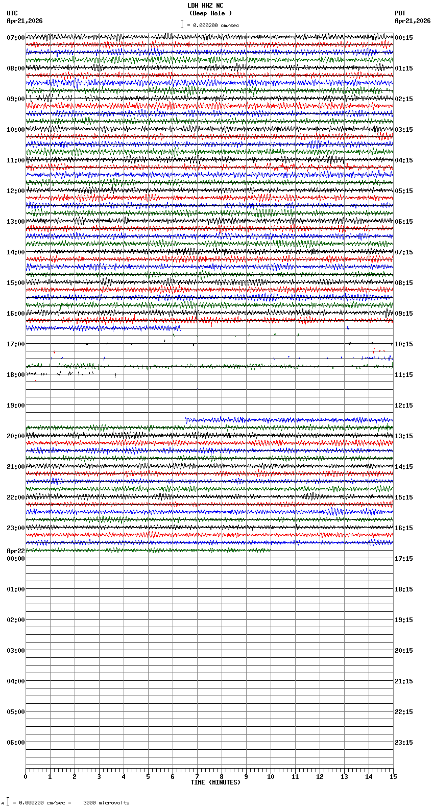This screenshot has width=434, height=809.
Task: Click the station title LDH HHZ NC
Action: (205, 6)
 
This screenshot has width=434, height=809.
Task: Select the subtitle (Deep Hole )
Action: (210, 13)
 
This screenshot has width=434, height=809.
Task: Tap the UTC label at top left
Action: (12, 13)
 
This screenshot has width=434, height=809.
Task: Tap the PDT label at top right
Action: (400, 13)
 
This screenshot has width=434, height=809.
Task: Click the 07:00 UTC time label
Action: (16, 38)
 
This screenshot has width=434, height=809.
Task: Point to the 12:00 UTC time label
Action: (16, 191)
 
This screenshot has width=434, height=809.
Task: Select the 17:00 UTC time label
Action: (16, 344)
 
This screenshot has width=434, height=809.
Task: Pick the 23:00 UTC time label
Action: (16, 528)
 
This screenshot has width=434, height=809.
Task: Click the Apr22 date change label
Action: (16, 551)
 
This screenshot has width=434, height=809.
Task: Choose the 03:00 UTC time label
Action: (16, 651)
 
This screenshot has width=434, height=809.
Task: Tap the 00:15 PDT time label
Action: (404, 38)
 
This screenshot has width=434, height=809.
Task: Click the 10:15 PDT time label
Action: (404, 344)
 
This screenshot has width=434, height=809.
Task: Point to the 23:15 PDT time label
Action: (404, 743)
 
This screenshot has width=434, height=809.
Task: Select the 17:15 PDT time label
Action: (404, 559)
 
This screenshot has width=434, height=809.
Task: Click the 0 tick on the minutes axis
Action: (26, 777)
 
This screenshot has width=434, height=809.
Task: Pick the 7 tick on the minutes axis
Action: (197, 777)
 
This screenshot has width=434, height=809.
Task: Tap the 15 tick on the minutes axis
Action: (393, 777)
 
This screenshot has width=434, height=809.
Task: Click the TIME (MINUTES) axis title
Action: (215, 782)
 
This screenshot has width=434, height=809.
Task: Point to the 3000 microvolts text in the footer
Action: (106, 803)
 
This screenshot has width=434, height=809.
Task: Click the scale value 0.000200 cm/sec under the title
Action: (216, 25)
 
